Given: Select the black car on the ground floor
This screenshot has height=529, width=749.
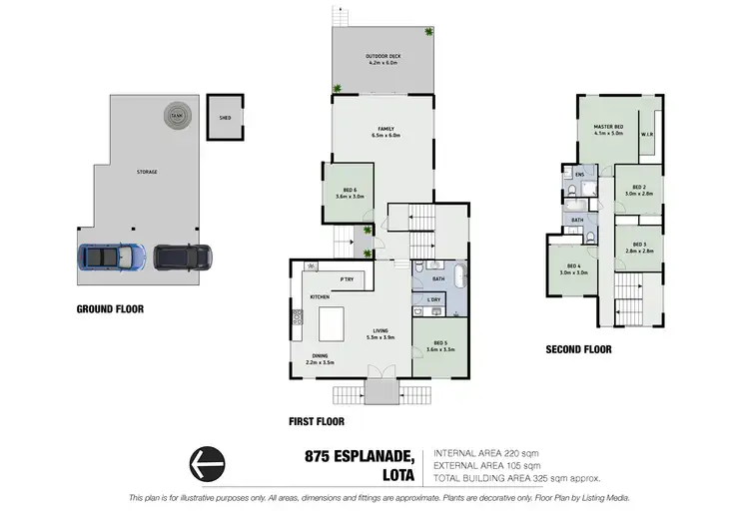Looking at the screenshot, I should [181, 258].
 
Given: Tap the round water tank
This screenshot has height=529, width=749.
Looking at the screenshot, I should [177, 115].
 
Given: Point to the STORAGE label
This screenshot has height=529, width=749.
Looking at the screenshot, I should [147, 172].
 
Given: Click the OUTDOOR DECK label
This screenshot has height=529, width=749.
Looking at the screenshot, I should [382, 59].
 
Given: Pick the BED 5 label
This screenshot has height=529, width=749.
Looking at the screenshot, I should [440, 344].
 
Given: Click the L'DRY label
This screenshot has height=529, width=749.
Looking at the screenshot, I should [434, 298].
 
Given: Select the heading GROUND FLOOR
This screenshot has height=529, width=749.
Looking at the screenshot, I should [110, 309].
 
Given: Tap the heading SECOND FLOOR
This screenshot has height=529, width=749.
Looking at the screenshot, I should [578, 350].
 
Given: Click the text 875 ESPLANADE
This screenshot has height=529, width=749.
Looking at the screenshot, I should [363, 456].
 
